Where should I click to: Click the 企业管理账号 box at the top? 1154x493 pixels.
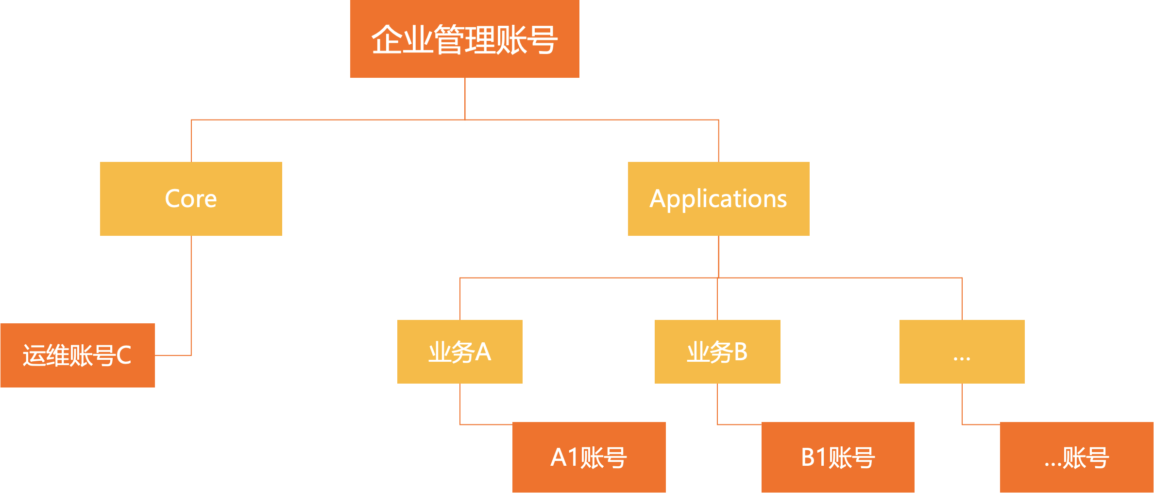[464, 39]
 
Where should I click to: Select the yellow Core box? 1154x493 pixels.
[191, 198]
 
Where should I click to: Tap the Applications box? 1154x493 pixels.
[718, 198]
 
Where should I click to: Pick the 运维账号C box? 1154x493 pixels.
[78, 355]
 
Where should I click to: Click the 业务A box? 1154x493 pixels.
[459, 352]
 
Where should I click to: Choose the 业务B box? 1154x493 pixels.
[717, 352]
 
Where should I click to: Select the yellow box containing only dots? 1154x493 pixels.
[962, 352]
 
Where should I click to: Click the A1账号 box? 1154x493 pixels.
[589, 457]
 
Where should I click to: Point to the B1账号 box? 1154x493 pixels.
[838, 457]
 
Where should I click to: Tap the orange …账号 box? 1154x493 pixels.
[1076, 457]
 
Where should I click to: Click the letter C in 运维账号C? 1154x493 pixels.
[124, 355]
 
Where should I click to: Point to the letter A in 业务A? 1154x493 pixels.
[483, 352]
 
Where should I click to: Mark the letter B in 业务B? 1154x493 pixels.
[740, 352]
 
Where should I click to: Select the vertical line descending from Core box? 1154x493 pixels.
[191, 292]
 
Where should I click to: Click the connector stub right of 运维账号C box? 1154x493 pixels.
[172, 355]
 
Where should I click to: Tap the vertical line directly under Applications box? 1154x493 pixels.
[718, 256]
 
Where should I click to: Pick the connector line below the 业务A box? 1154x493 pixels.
[460, 404]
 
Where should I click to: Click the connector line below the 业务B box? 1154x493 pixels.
[717, 404]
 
